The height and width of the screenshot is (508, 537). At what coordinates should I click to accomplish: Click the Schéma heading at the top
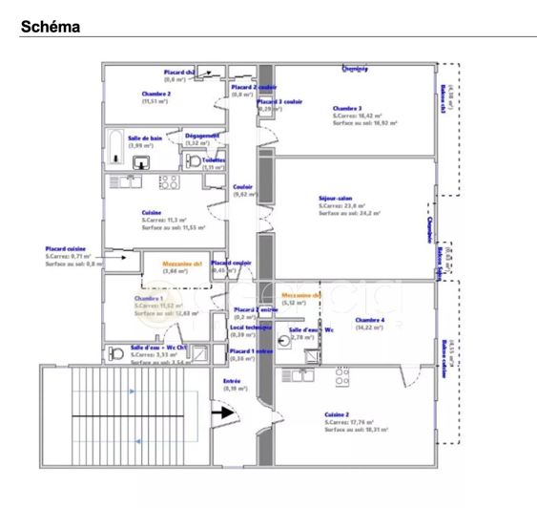click(51, 28)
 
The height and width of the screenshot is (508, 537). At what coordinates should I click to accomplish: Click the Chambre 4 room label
click(370, 320)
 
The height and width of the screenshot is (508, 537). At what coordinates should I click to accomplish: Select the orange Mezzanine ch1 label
click(182, 263)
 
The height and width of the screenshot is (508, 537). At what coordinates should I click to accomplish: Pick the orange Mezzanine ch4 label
click(301, 295)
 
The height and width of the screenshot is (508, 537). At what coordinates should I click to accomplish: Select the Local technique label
click(249, 327)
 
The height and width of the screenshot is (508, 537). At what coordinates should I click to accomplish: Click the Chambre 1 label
click(149, 298)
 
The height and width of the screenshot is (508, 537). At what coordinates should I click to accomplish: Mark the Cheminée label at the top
click(355, 69)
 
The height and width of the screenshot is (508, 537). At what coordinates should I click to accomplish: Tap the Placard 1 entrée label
click(252, 350)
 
